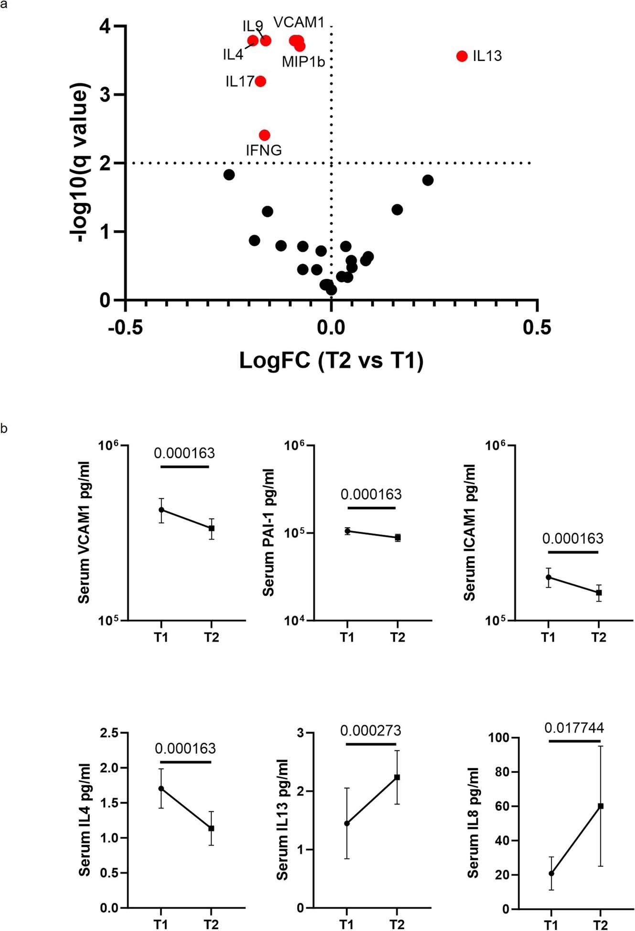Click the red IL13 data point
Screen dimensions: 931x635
coord(462,56)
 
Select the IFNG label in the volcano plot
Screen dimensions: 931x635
coord(264,150)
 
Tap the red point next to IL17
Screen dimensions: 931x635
coord(260,81)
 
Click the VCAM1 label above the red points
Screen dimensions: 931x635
coord(299,22)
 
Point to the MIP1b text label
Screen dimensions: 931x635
coord(303,62)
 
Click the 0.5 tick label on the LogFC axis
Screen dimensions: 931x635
coord(537,328)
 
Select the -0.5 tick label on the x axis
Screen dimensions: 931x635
coord(125,328)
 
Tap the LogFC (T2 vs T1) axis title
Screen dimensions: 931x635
coord(331,360)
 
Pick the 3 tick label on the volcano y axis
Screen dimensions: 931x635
coord(106,95)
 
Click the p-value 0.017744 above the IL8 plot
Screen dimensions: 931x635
coord(574,728)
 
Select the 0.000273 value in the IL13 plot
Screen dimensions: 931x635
coord(370,730)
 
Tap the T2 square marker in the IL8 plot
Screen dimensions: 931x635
coord(601,806)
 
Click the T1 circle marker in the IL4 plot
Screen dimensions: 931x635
coord(161,789)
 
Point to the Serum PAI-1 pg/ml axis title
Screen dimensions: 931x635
coord(269,532)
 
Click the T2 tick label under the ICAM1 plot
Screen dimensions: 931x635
coord(599,637)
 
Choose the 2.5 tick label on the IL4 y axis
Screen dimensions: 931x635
coord(109,733)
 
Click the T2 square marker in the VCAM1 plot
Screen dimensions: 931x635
coord(212,528)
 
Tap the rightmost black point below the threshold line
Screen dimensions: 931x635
coord(428,180)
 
